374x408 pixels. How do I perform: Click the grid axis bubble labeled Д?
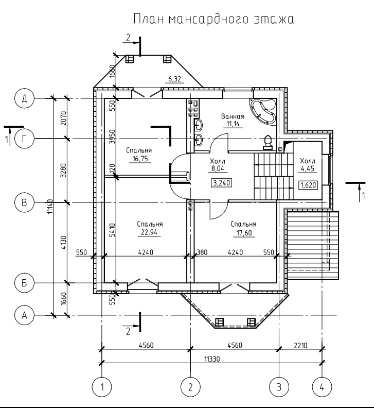tap(24, 98)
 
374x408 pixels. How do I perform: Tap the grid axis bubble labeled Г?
tap(24, 139)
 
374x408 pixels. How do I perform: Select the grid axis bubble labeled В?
tap(24, 202)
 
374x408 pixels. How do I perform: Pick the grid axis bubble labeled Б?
tap(24, 282)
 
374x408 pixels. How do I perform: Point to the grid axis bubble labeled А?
tap(24, 315)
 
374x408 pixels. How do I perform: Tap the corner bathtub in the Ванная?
tap(263, 110)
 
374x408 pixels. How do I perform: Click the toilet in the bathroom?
tap(267, 142)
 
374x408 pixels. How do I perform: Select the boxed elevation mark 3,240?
tap(222, 182)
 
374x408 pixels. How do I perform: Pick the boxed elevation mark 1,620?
tap(308, 184)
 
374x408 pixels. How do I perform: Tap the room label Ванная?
tap(233, 116)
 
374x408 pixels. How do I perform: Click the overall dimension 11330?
tap(211, 359)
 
